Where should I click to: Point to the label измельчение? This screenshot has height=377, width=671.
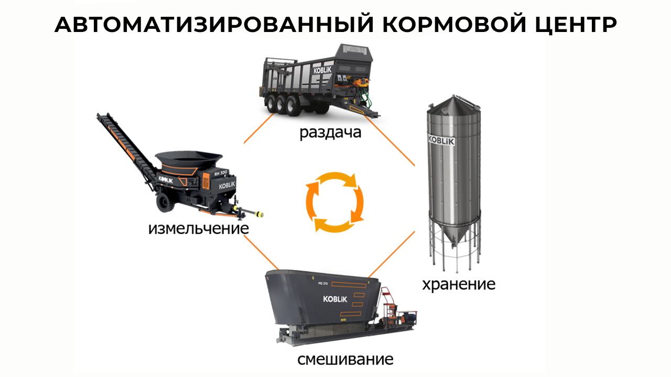coord(198,229)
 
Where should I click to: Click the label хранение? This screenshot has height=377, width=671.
coord(459,284)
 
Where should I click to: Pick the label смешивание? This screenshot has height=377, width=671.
coord(345,360)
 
